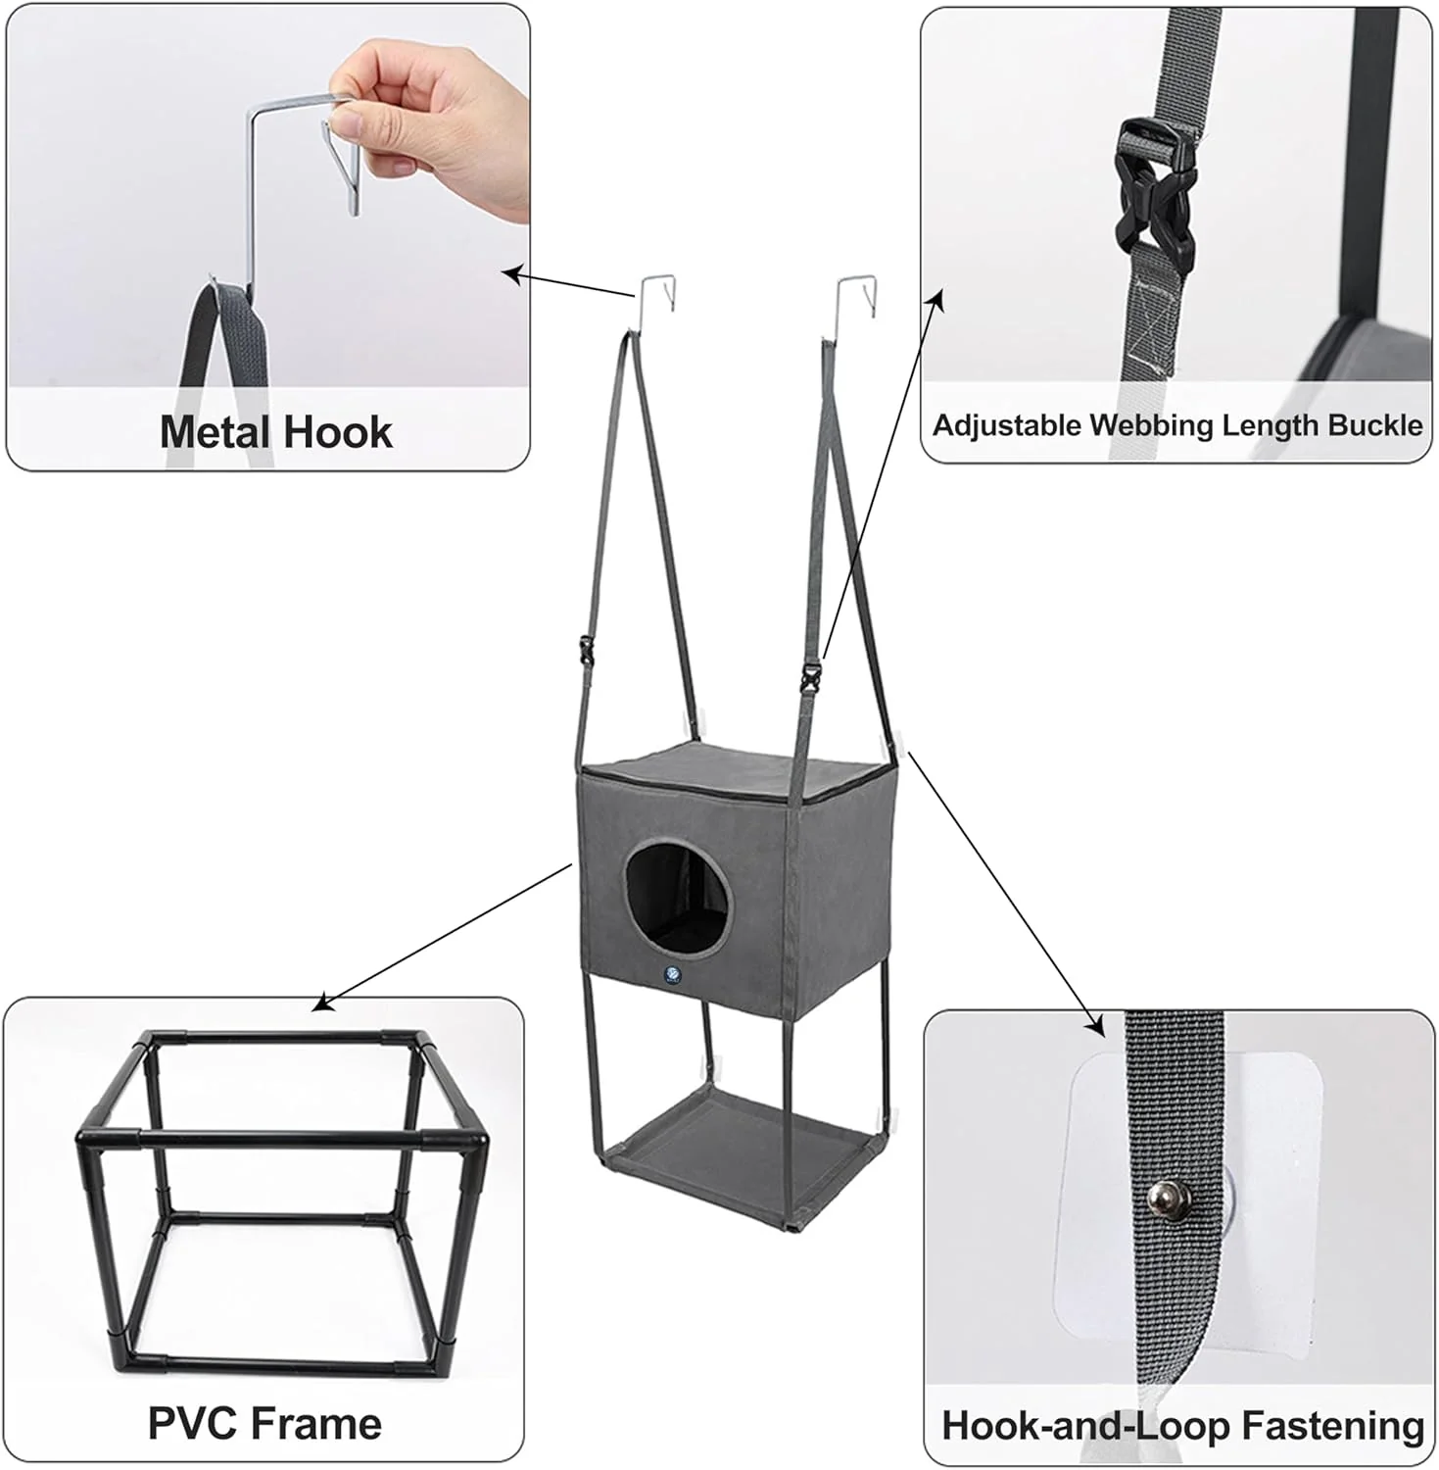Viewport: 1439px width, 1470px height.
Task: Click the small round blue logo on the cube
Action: coord(673,975)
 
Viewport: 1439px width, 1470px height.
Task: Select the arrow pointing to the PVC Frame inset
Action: coord(442,937)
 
